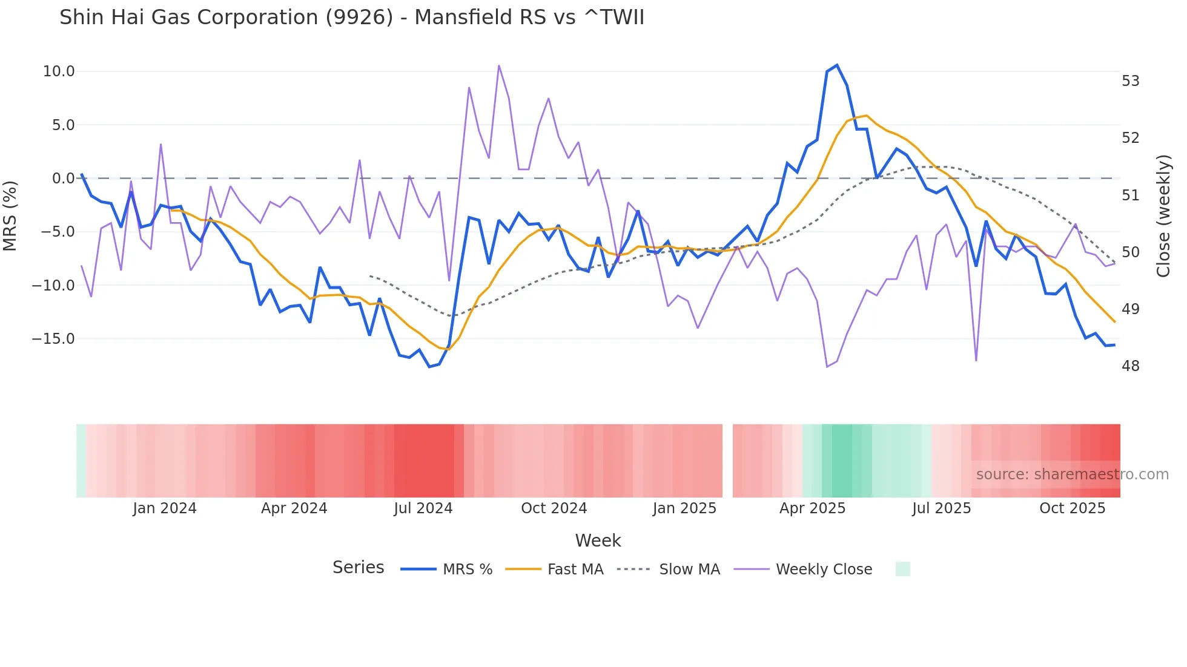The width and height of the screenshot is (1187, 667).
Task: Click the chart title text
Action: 351,18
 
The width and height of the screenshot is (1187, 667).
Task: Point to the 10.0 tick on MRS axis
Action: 59,71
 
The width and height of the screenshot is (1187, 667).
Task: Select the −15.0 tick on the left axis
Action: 53,339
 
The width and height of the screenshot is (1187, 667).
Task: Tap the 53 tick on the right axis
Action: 1130,81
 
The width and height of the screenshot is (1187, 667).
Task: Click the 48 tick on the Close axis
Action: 1130,366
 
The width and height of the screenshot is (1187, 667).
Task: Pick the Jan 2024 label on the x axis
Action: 165,508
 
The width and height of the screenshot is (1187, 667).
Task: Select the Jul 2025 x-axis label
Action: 941,508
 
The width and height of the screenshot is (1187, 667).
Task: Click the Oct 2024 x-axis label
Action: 554,508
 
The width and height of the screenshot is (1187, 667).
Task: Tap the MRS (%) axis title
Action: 10,215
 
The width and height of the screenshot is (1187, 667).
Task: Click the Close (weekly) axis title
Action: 1163,216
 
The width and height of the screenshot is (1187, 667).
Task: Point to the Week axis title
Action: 598,540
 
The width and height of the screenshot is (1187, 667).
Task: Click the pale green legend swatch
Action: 902,569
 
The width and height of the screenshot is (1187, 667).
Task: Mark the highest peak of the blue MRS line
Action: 836,65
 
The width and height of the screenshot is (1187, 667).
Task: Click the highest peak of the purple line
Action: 498,65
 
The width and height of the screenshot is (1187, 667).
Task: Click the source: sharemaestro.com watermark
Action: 1072,475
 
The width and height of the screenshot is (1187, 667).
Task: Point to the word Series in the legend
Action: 358,568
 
